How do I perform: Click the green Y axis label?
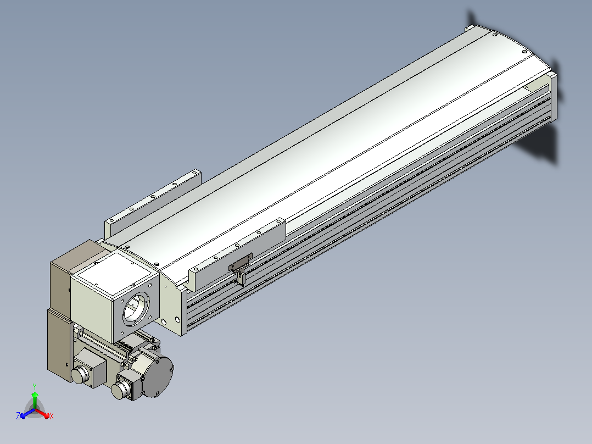pos(35,387)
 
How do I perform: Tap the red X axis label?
pos(52,417)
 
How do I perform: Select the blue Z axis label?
pos(18,416)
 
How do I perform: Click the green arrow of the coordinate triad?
pos(35,400)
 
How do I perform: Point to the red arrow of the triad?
pos(42,413)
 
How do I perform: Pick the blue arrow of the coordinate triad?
pos(27,413)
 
